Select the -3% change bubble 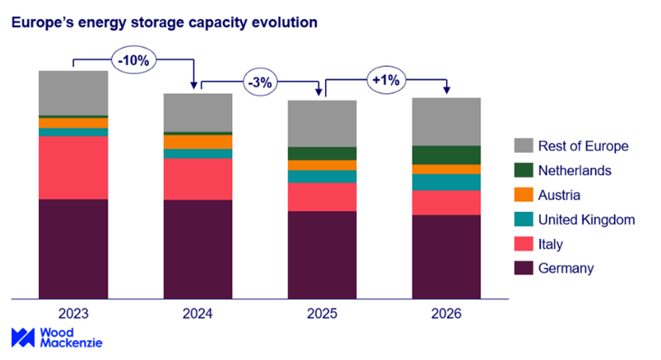(259, 82)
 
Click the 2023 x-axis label (72, 314)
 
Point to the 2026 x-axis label (447, 314)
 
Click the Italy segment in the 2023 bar (73, 168)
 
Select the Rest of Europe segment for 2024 (198, 112)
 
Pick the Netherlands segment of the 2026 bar (447, 155)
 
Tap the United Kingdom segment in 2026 (447, 182)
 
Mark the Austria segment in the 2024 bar (198, 142)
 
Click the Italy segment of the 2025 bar (322, 197)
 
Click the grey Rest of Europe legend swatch (523, 146)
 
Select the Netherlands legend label (574, 170)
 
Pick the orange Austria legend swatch (523, 195)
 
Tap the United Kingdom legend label (586, 220)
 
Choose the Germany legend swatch (523, 268)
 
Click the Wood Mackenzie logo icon (22, 337)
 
